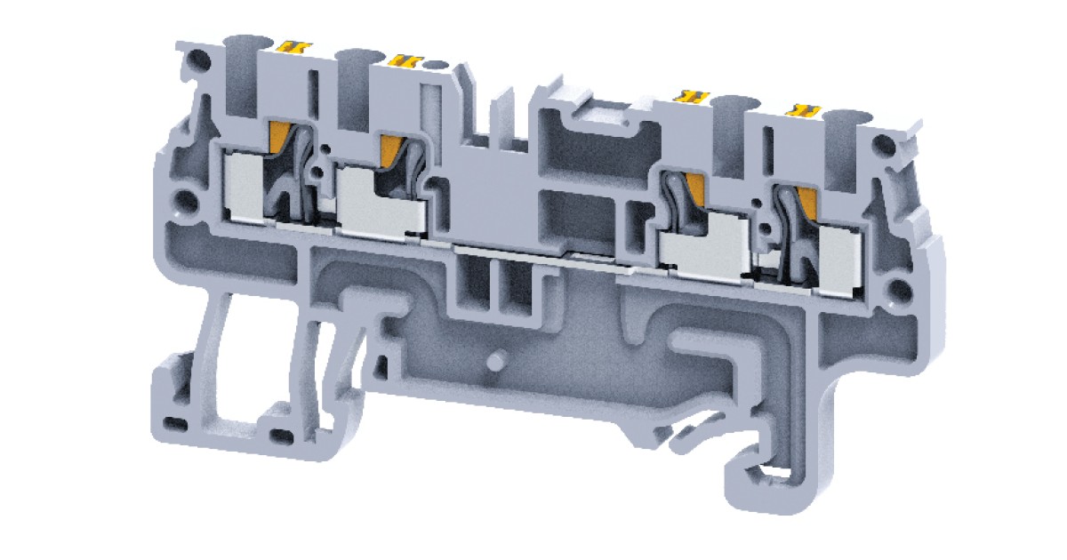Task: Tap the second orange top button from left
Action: pyautogui.click(x=404, y=60)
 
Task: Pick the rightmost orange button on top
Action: pyautogui.click(x=805, y=109)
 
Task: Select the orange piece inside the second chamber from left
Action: pyautogui.click(x=391, y=148)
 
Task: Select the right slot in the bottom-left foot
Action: pyautogui.click(x=282, y=435)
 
